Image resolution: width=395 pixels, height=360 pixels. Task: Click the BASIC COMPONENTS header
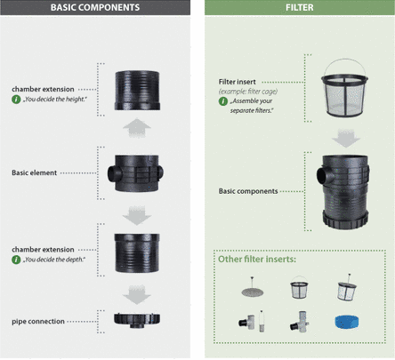click(x=95, y=7)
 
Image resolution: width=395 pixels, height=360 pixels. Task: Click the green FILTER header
click(x=300, y=7)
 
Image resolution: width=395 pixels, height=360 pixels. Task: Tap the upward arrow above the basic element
click(x=137, y=128)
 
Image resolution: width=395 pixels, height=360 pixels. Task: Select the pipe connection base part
click(x=137, y=320)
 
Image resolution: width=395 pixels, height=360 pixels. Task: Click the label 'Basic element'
click(x=34, y=172)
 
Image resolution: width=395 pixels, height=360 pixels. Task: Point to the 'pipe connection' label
click(x=38, y=322)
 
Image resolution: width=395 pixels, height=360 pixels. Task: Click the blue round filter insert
click(x=346, y=322)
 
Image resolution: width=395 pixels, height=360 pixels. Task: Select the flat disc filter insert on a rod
click(x=253, y=290)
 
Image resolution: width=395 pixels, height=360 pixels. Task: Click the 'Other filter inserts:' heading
click(x=257, y=260)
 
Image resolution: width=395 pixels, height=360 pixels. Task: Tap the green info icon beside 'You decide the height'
click(x=16, y=100)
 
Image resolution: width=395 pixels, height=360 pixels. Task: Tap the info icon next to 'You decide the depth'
click(x=16, y=260)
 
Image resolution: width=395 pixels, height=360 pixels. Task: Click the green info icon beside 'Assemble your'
click(x=223, y=101)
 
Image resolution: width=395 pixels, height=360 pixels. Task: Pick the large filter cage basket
click(x=344, y=88)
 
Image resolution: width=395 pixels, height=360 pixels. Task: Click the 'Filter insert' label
click(x=237, y=82)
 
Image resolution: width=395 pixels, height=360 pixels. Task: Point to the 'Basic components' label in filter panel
click(x=248, y=191)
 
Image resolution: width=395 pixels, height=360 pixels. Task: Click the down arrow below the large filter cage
click(x=346, y=138)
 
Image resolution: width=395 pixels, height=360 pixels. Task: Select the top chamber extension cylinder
click(x=137, y=91)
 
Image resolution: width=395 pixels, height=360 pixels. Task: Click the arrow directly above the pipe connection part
click(x=137, y=294)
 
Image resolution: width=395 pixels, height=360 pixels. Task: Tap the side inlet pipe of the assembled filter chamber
click(x=322, y=176)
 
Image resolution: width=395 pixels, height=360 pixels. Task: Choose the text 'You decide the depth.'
click(x=54, y=260)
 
